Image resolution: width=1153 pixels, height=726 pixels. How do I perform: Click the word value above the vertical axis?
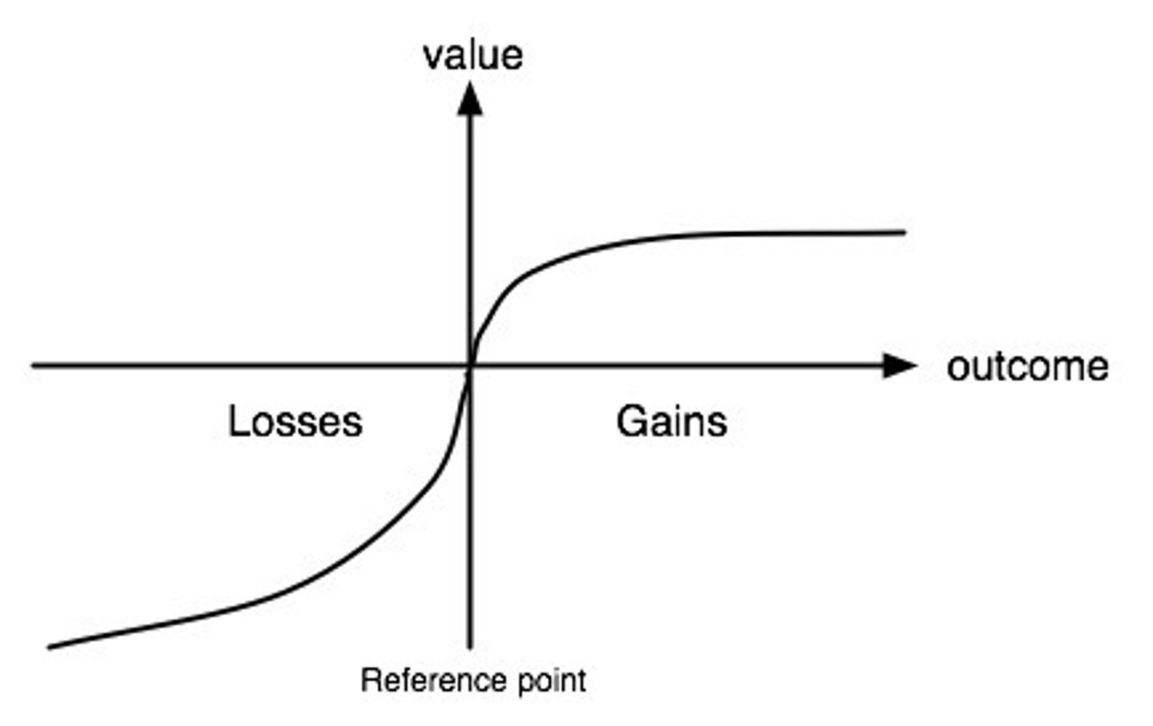point(472,55)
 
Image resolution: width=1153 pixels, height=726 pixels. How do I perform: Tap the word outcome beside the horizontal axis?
point(1027,367)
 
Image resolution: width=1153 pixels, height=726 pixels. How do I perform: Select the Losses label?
point(295,422)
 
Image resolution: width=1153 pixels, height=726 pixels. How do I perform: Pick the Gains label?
point(671,422)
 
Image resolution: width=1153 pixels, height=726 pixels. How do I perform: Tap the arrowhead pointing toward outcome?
point(900,366)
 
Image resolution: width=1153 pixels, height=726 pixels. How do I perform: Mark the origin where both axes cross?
point(470,366)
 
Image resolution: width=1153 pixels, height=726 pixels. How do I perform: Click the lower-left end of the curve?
point(50,647)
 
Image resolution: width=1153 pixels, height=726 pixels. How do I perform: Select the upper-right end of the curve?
point(905,232)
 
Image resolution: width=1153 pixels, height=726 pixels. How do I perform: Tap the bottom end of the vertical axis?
point(470,647)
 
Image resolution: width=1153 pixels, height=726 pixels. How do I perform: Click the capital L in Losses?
point(236,422)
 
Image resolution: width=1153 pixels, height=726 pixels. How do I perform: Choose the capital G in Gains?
point(631,422)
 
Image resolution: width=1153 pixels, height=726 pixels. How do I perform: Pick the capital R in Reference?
point(369,680)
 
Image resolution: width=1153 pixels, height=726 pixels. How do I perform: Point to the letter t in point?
point(581,681)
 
